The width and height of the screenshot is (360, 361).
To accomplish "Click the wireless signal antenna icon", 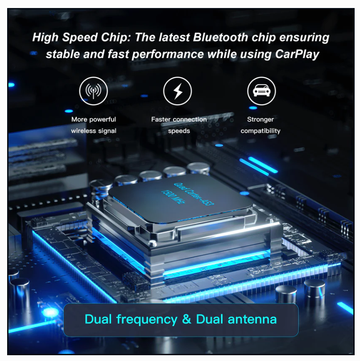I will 93,91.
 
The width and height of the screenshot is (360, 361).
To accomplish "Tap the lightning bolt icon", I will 178,91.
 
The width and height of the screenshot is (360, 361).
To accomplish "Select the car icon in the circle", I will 261,91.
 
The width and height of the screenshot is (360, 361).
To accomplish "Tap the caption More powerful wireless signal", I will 94,125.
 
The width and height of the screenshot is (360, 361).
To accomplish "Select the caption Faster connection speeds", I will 179,125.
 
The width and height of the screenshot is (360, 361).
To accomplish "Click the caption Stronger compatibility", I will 261,125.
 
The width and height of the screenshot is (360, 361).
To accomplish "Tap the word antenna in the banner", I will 252,319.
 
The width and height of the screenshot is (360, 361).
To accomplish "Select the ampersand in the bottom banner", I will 187,319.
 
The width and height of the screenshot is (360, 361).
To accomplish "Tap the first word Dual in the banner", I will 98,319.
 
